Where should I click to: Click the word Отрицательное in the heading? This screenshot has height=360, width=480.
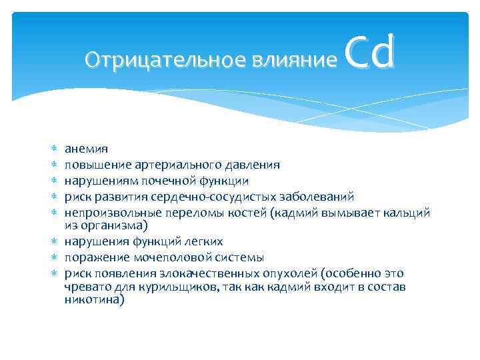[x=166, y=61]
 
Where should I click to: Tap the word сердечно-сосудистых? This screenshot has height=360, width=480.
[x=203, y=197]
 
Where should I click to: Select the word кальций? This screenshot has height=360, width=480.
[x=407, y=213]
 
